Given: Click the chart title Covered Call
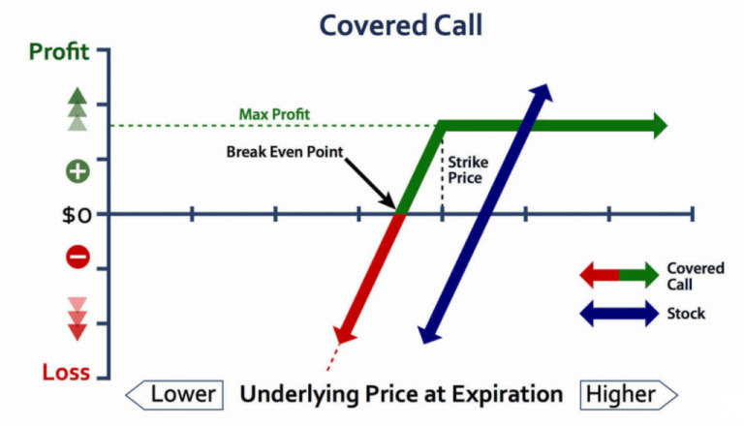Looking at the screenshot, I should coord(400,24).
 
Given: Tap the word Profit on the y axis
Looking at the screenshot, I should coord(59,51).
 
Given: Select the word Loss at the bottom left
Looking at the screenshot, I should coord(65,372).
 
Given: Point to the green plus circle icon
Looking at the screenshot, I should coord(77,172).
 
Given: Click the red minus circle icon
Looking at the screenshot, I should coord(77,257).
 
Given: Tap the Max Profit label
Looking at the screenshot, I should coord(274,114).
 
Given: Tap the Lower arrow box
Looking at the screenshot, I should coord(174,394).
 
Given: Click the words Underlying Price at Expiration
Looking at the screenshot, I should coord(401,394).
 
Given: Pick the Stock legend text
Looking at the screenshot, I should coord(686,314).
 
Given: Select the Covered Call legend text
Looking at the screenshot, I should coord(695,276).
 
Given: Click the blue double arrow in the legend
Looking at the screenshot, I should coord(618,314).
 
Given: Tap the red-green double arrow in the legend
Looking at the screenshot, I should coord(618,276).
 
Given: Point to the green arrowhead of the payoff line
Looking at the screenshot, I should coord(659,126).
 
